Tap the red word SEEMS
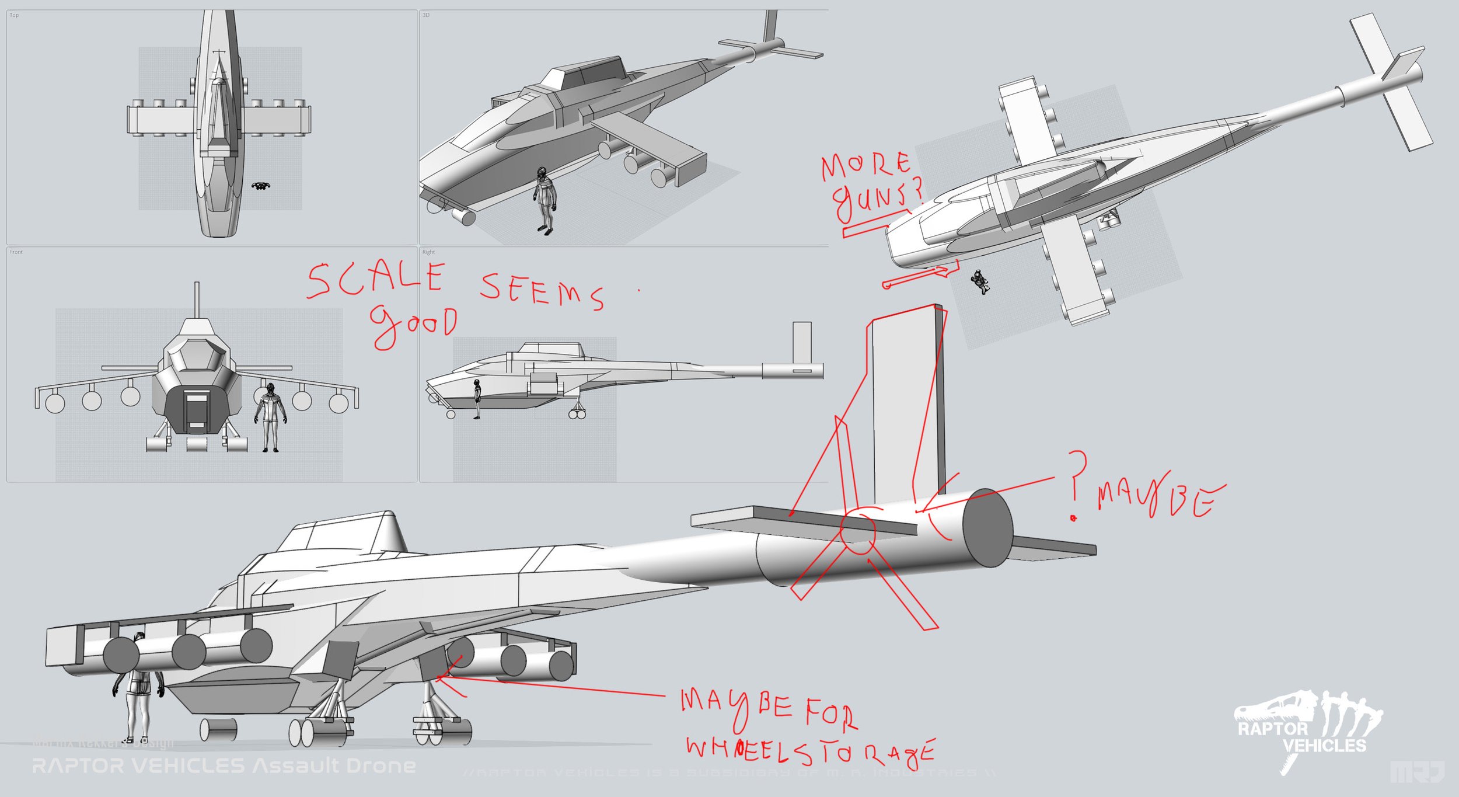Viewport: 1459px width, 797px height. tap(541, 291)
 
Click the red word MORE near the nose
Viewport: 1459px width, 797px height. tap(866, 166)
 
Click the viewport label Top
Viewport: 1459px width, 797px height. tap(14, 15)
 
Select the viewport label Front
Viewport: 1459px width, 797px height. tap(16, 252)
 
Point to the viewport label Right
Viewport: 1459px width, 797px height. tap(428, 252)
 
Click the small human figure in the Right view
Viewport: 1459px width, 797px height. tap(477, 399)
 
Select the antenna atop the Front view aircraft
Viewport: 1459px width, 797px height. tap(197, 300)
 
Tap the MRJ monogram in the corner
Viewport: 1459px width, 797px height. tap(1417, 772)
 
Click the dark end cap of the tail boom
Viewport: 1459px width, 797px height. tap(986, 528)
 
